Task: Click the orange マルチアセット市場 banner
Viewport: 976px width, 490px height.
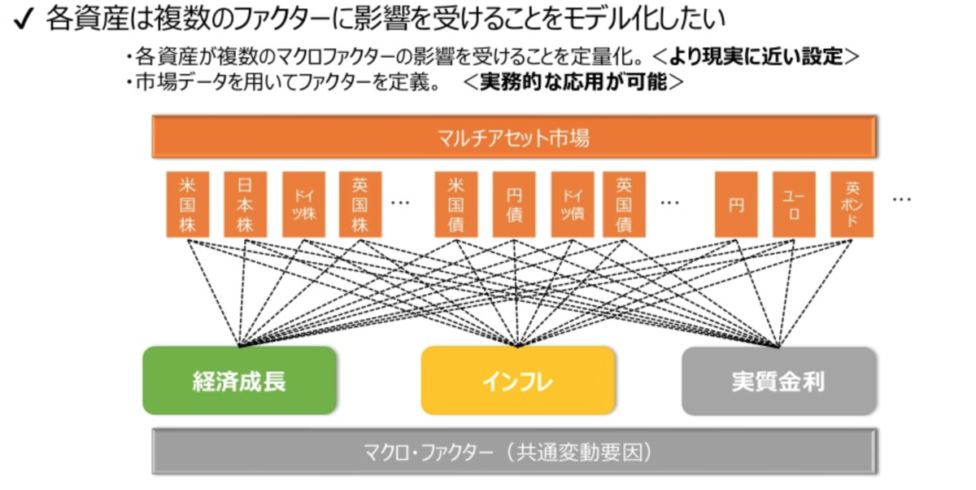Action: click(x=513, y=137)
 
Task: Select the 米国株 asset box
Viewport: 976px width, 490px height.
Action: click(x=187, y=204)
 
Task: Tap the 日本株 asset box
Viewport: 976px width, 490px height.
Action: click(x=245, y=204)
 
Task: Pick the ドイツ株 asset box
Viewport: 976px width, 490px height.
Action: click(x=303, y=204)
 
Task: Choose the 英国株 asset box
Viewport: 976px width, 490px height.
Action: click(x=359, y=204)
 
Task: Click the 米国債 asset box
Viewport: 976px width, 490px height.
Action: click(x=455, y=204)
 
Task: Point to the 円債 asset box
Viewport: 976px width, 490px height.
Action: click(x=514, y=204)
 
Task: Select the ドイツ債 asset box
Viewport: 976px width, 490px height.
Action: click(x=572, y=204)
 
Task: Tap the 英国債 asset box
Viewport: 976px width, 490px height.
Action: click(x=624, y=204)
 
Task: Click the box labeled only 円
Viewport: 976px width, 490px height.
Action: click(x=736, y=204)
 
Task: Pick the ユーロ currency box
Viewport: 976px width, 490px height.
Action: click(x=793, y=204)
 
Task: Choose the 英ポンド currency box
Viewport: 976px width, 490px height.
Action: click(x=852, y=204)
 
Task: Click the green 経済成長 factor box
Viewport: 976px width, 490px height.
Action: click(x=239, y=380)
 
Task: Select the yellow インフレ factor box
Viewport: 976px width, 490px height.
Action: click(x=517, y=380)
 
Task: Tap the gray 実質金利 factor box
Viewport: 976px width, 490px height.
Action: click(x=778, y=380)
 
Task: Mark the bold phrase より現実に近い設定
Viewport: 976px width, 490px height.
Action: click(x=756, y=57)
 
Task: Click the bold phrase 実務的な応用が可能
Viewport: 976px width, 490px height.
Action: click(x=573, y=82)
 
